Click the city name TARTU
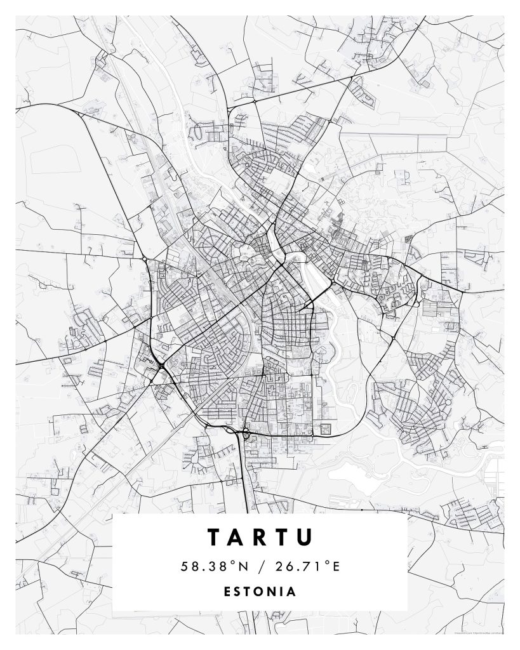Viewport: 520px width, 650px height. coord(260,537)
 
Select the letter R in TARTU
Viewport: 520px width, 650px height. coord(260,537)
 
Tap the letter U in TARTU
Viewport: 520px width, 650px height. coord(305,537)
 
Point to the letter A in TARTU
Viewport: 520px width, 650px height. coord(237,537)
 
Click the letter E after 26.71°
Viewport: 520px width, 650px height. coord(336,566)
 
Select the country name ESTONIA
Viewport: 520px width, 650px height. coord(260,592)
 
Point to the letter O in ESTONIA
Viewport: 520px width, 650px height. coord(260,592)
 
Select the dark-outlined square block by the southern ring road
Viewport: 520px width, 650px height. coord(326,428)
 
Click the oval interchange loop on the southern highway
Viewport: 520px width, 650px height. coord(244,435)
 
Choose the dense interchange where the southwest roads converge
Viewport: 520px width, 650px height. coord(161,366)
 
